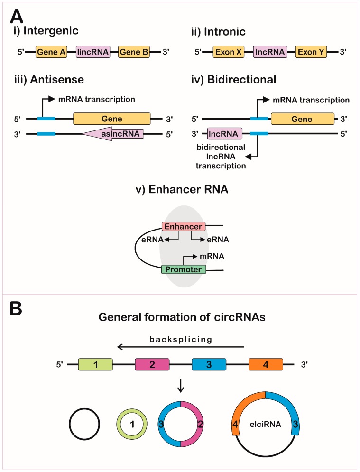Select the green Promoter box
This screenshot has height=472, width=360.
[183, 269]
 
